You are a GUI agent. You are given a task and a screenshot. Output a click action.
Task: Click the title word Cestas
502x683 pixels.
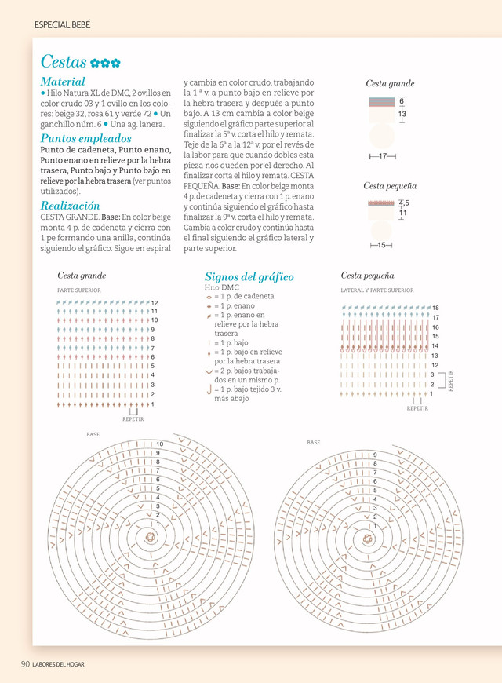coord(64,62)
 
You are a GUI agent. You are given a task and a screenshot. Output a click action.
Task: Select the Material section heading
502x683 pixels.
coord(63,82)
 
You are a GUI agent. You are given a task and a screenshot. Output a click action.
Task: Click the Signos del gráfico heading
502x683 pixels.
coord(249,277)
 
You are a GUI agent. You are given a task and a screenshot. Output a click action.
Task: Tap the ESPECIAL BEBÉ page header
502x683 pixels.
coord(63,25)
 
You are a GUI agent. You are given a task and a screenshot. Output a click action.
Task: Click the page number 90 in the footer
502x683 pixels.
coord(25,664)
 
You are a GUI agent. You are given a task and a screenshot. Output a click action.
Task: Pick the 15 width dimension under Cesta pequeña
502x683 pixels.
coord(381,246)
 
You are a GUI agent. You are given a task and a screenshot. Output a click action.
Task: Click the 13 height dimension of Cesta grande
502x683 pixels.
coord(402,115)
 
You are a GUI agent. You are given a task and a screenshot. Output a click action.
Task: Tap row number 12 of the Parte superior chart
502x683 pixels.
coord(155,303)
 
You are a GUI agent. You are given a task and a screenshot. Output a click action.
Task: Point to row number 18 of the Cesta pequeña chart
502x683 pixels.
coord(435,308)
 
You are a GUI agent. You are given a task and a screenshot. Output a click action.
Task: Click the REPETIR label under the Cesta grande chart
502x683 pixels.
coord(133,419)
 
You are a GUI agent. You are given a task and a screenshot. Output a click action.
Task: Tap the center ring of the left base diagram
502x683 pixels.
coord(149,536)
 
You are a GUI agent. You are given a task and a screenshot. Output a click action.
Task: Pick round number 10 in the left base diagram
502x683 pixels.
coord(159,445)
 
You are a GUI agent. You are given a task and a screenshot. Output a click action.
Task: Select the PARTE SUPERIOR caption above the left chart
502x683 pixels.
coord(78,290)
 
